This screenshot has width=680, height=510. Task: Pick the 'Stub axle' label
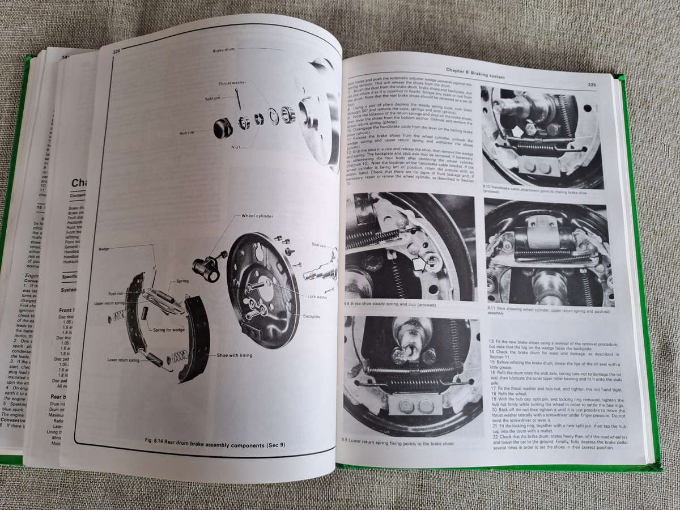point(319,245)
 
